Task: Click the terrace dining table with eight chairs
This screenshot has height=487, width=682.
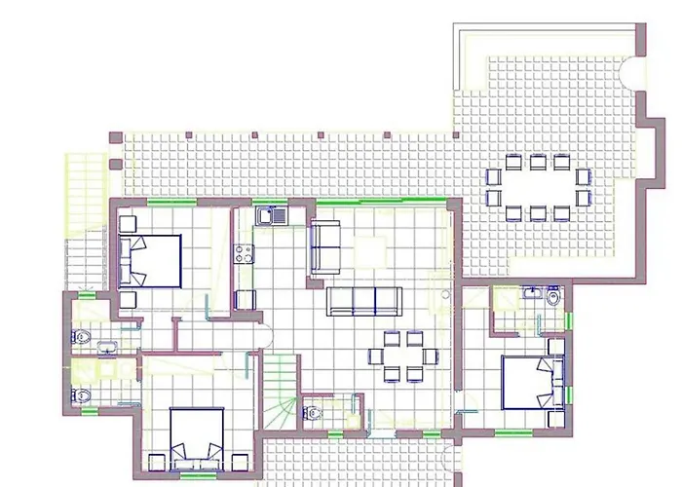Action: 538,185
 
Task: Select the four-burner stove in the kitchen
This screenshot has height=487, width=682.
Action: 242,256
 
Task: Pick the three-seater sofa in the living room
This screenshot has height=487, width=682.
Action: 363,301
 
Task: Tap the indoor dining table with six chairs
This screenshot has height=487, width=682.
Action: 402,356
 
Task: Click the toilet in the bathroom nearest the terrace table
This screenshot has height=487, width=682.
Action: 553,298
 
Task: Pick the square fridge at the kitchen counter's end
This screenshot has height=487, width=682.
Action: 244,300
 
